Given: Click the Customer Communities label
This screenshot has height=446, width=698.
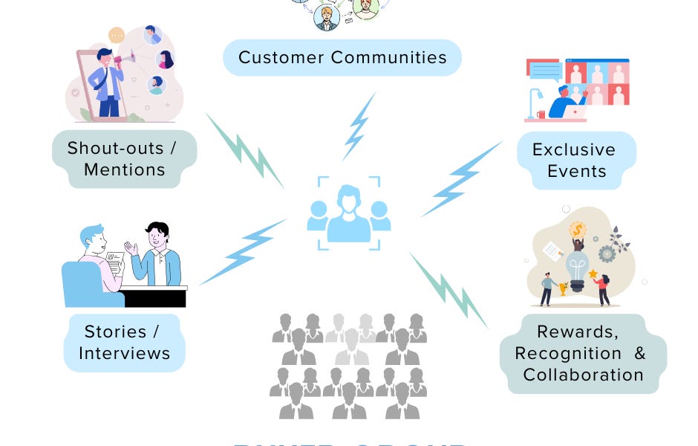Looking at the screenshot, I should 342,57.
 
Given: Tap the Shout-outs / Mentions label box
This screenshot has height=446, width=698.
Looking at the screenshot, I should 124,158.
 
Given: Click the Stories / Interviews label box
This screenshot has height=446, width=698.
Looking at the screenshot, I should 124,342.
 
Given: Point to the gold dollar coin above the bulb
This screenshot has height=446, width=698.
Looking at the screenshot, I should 578,229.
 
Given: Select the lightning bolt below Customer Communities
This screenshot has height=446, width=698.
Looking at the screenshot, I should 359,126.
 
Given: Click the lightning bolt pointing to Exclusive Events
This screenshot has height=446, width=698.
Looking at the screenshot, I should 460,179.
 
